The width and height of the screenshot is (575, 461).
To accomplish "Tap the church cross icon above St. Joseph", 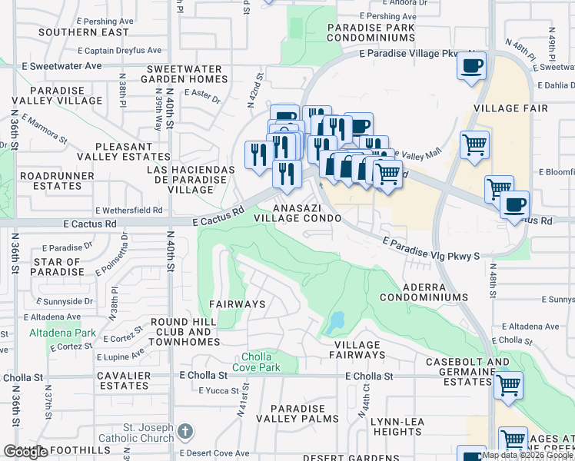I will pyautogui.click(x=185, y=432).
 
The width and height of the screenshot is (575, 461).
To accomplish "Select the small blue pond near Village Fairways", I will pyautogui.click(x=335, y=323).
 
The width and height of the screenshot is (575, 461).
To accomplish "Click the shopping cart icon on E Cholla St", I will pyautogui.click(x=508, y=386).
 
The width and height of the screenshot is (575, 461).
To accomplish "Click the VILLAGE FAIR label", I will pyautogui.click(x=512, y=108).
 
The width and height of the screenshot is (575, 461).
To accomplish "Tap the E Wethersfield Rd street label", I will pyautogui.click(x=129, y=210).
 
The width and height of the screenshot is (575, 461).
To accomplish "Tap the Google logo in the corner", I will pyautogui.click(x=26, y=452).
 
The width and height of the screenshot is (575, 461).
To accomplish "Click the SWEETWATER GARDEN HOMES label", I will pyautogui.click(x=184, y=75).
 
